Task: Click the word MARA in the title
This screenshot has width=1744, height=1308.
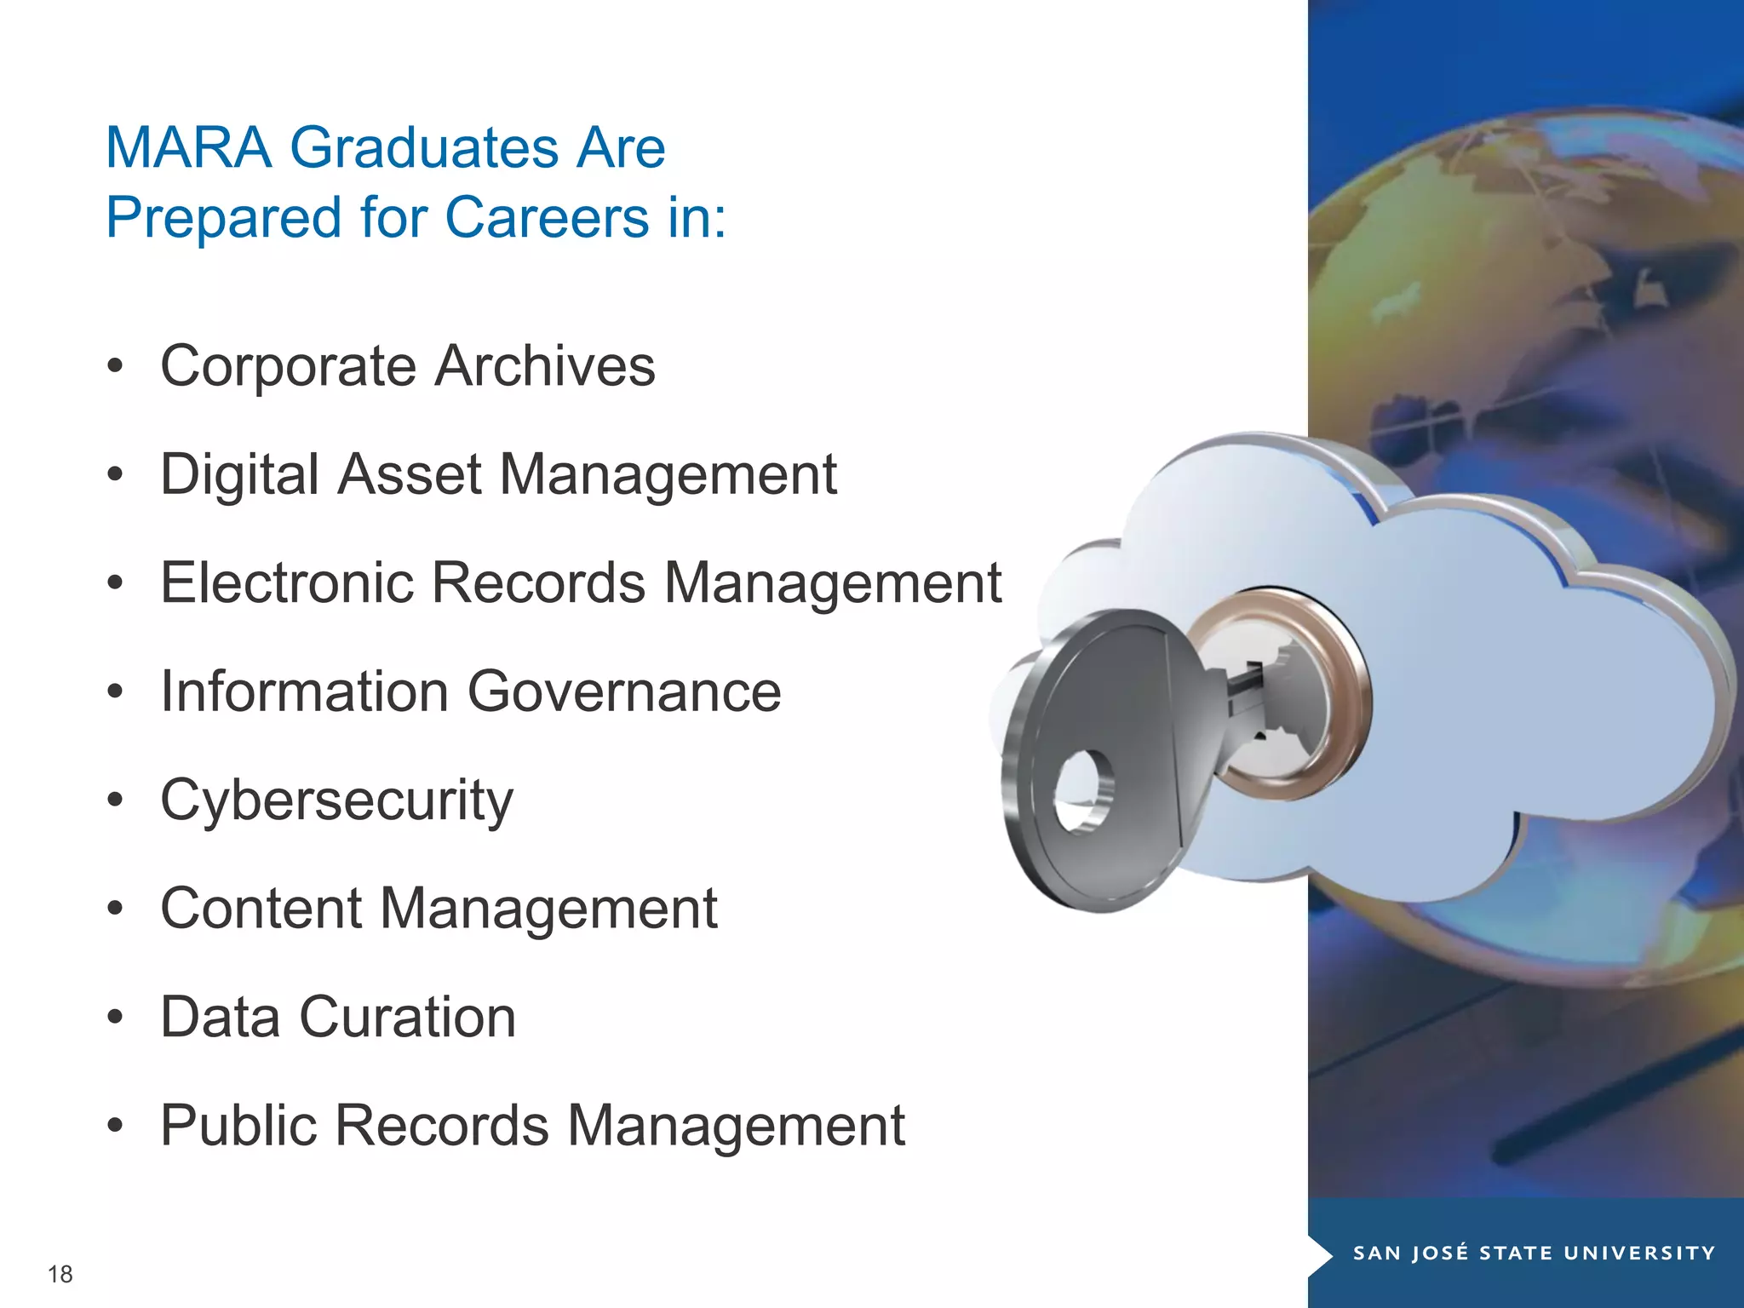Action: [x=188, y=148]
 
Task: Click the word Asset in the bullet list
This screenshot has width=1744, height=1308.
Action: [x=409, y=474]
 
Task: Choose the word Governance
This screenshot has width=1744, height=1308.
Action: [x=624, y=691]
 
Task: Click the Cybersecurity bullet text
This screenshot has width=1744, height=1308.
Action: [x=337, y=801]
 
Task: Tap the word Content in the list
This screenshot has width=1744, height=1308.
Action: [x=261, y=909]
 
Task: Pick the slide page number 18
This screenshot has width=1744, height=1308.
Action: [x=60, y=1274]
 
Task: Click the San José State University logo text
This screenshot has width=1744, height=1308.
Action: [x=1534, y=1253]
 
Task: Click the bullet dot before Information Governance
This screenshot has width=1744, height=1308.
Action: [x=116, y=691]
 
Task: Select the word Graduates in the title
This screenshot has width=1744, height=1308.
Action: [x=423, y=148]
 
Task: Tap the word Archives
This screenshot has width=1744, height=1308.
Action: [x=545, y=367]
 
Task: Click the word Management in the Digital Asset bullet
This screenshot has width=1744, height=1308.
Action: [x=668, y=474]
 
